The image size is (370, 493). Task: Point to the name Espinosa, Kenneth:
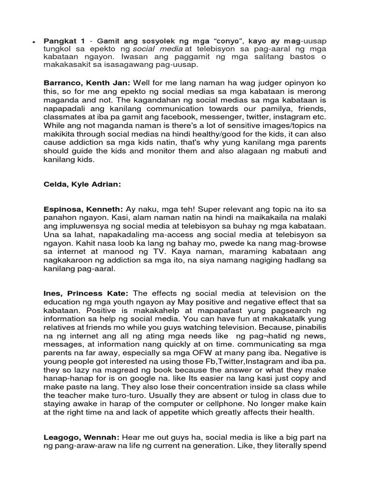(x=83, y=209)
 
